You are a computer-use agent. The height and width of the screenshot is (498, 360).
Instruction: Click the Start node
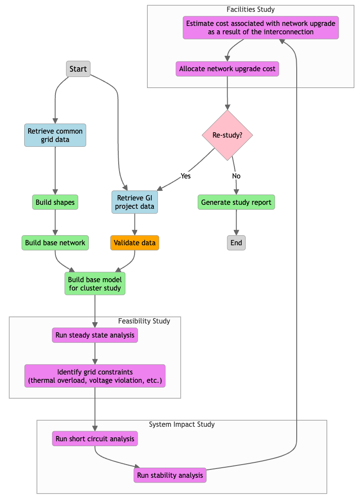[78, 69]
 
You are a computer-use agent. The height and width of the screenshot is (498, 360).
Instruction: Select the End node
[236, 243]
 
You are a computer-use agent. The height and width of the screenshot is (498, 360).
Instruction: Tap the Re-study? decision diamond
[227, 135]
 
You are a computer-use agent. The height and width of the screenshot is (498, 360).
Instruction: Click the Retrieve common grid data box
[55, 135]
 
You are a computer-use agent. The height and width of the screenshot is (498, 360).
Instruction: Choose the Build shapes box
[55, 202]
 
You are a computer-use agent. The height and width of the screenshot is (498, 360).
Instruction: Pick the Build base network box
[55, 243]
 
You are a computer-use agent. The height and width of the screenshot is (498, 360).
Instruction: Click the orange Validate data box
[135, 243]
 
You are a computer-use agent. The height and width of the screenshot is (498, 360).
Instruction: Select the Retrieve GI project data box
[135, 202]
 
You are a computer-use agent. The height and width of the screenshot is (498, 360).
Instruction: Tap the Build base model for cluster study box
[95, 284]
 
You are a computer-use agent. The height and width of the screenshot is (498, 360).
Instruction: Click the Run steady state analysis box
[95, 335]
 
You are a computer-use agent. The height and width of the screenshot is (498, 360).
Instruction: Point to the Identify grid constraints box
[95, 376]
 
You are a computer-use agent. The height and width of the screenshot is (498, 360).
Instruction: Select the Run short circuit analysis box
[95, 439]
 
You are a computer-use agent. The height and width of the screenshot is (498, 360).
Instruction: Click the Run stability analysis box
[170, 475]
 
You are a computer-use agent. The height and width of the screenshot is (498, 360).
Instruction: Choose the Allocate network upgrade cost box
[227, 69]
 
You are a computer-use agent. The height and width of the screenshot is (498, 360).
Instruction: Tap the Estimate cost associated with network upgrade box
[261, 28]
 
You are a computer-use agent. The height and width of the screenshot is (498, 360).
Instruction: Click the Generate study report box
[236, 202]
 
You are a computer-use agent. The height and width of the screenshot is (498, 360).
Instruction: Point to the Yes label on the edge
[185, 176]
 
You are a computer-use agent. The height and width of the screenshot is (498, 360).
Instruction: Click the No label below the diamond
[236, 176]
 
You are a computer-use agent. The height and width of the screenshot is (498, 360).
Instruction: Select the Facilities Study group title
[251, 9]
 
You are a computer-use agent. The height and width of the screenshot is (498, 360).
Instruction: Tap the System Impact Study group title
[182, 424]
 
